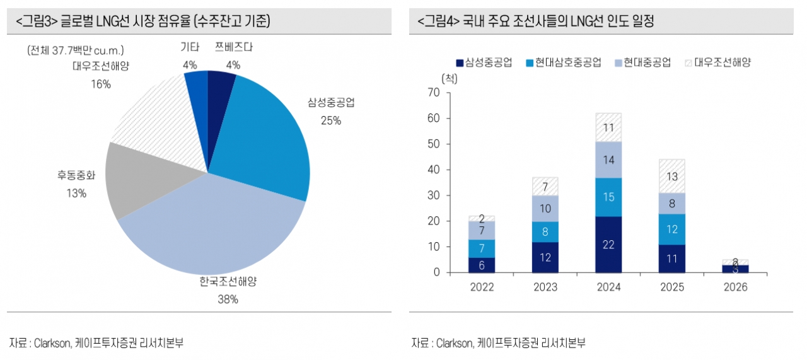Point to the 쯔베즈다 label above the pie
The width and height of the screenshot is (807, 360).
233,47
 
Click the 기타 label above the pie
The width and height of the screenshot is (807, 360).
190,47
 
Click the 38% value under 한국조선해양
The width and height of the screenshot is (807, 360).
228,299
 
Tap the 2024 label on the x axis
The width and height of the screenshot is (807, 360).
608,287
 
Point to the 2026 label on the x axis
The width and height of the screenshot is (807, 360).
735,287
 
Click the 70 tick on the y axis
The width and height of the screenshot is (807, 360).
433,93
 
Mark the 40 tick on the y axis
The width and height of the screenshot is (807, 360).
433,170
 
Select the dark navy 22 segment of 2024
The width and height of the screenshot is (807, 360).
608,245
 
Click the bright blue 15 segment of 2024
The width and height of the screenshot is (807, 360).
608,197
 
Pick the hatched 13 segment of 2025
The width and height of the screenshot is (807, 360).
672,177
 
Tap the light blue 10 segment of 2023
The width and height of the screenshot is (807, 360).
545,209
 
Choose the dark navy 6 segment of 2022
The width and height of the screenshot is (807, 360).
482,265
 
